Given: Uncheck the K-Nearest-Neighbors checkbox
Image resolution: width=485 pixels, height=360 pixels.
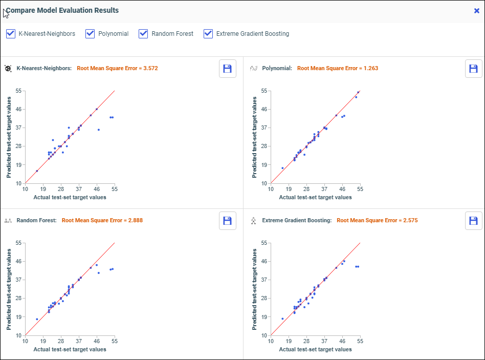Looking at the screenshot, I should pos(11,34).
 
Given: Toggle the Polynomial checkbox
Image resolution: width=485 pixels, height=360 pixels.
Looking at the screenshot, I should pos(91,34).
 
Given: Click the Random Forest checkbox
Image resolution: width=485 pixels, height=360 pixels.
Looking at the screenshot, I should pos(144,34).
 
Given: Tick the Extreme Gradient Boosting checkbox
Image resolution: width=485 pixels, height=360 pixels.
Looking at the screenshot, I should pos(208,34).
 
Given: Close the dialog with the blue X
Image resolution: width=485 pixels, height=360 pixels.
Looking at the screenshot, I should pos(477,10).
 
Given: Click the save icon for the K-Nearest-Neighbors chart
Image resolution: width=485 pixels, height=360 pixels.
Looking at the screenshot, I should pos(228,69).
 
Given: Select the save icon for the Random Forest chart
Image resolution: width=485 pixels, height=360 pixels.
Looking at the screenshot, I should pos(228,221).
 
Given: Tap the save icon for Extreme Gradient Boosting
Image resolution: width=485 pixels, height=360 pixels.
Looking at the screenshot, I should pos(474,221).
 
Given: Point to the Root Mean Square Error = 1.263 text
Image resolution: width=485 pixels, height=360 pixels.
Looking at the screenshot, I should pos(338,68).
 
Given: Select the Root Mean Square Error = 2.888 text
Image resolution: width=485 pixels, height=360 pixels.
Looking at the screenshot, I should pos(102,220).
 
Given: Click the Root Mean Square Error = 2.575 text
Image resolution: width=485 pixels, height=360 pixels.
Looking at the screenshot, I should pos(377,220).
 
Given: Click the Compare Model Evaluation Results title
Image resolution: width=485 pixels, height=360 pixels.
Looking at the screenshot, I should pos(62,10).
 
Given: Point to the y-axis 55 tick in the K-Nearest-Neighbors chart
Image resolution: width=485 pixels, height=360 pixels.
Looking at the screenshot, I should pos(19,91).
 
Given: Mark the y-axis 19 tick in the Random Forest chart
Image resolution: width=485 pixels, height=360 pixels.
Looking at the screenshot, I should pos(19,317).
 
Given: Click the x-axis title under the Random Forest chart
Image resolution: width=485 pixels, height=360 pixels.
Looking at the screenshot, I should pos(70,349).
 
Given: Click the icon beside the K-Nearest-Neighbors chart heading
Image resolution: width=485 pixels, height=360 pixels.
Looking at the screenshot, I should pos(8,68).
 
